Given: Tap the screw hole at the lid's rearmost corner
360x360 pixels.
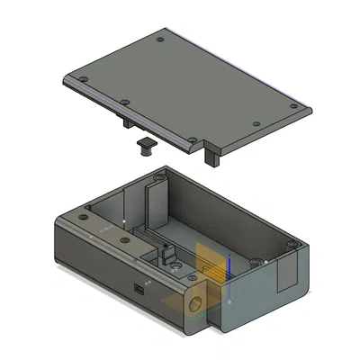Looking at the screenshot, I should tap(160, 40).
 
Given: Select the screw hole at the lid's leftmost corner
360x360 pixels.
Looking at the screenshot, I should tap(83, 80).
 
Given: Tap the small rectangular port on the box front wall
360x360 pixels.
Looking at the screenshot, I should tap(139, 290).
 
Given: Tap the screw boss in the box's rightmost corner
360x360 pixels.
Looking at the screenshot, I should tap(290, 245).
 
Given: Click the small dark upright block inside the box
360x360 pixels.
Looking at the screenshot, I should tap(167, 256).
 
